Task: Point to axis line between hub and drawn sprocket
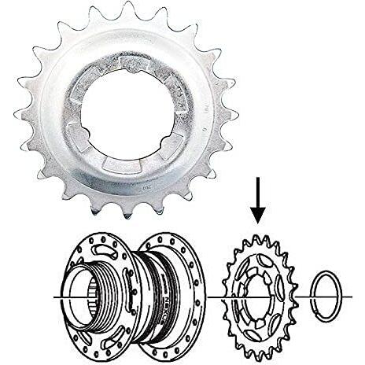214,297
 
